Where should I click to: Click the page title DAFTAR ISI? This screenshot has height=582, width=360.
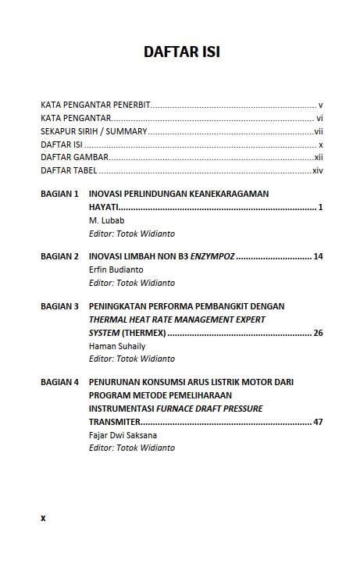(x=181, y=52)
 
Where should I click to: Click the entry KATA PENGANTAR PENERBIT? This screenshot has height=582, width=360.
(x=95, y=104)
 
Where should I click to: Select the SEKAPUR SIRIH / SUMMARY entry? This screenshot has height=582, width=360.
(x=94, y=131)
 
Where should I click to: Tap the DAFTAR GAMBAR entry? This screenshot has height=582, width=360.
(x=74, y=157)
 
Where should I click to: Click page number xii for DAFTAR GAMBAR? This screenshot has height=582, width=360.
(x=319, y=157)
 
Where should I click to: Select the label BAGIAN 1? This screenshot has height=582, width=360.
(x=59, y=193)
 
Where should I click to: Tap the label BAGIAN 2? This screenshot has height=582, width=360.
(x=59, y=256)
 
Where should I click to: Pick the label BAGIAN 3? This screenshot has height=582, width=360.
(x=59, y=306)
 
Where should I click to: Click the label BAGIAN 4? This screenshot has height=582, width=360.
(x=59, y=382)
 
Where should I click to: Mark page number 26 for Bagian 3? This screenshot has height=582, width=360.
(x=318, y=333)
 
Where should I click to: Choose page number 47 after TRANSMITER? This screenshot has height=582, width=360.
(x=318, y=422)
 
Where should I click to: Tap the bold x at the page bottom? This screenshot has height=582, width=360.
(x=43, y=517)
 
